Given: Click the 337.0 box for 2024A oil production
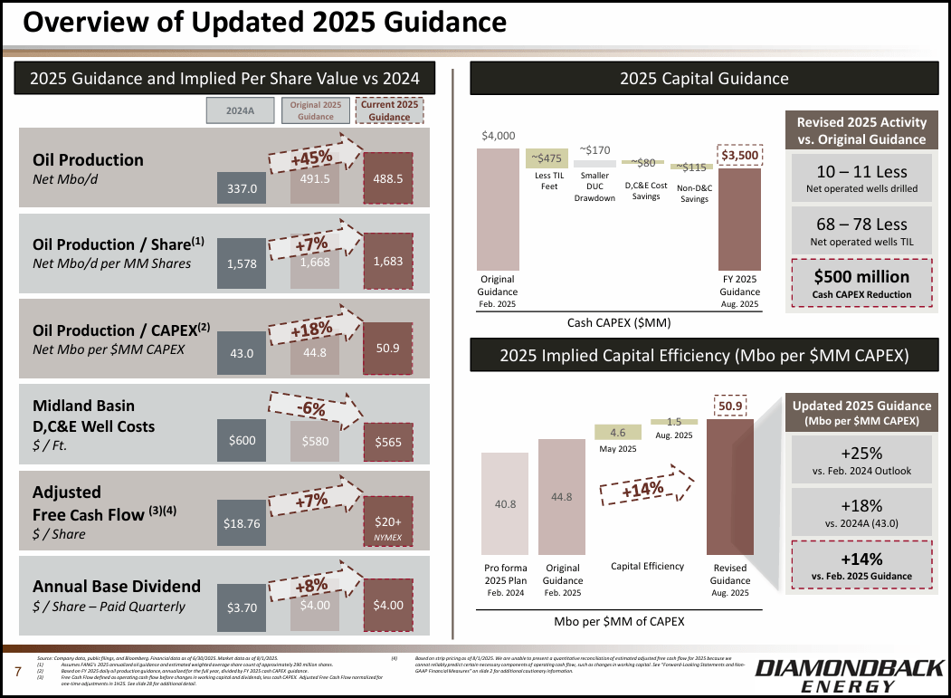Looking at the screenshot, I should click(x=242, y=188).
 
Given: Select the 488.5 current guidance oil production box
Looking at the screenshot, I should click(x=387, y=178).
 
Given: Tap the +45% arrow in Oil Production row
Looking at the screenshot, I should click(x=312, y=158).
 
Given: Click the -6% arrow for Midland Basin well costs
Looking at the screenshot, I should click(x=312, y=409).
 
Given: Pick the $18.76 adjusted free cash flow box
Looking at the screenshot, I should click(x=242, y=522).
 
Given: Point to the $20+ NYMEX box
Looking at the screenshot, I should click(x=387, y=526).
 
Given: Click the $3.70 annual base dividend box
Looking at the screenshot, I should click(x=242, y=606).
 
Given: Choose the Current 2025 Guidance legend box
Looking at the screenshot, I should click(x=389, y=111).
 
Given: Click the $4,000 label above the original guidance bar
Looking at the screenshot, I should click(x=498, y=136).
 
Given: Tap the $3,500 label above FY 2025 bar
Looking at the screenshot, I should click(x=739, y=155).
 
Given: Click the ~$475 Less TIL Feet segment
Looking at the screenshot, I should click(x=547, y=158).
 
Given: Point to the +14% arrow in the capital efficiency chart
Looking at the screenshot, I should click(x=644, y=489).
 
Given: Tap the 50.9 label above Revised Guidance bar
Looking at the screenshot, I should click(x=731, y=406).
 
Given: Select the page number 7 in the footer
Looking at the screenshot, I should click(x=17, y=672).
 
